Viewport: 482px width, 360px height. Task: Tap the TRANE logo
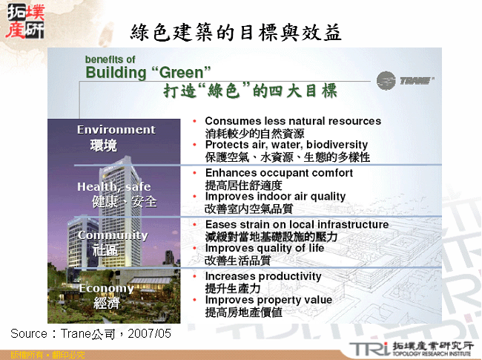[405, 79]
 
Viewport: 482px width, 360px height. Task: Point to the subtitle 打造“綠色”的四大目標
[250, 91]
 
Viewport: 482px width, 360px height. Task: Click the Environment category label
[116, 130]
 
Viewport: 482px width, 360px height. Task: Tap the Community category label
[113, 235]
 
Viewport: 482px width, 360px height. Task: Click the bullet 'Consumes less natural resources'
[292, 121]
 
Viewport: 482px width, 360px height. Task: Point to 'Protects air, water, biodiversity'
[286, 145]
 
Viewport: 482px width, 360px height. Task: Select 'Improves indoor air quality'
[275, 197]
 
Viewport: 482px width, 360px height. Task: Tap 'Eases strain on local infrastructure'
[297, 224]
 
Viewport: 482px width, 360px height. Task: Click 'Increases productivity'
[263, 276]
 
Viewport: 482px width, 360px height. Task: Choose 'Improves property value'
[268, 300]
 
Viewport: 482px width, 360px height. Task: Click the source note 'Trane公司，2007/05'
[90, 334]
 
